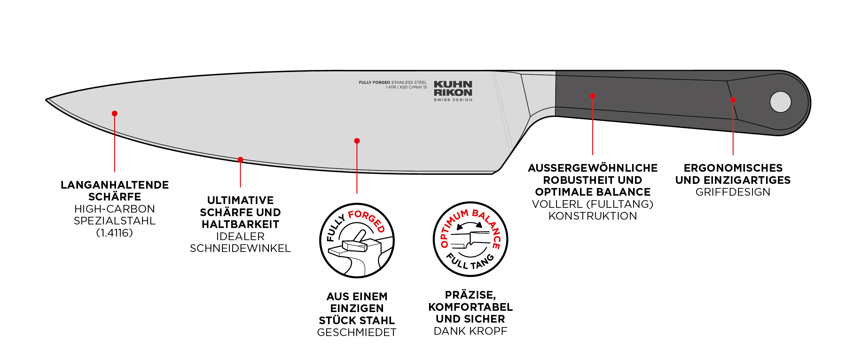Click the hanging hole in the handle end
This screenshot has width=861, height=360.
780,102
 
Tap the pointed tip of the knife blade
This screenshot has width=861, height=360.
47,99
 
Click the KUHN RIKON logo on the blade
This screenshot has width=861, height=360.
453,89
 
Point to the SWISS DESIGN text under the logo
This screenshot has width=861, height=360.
453,100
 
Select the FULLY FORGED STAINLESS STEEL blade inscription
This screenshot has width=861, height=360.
393,82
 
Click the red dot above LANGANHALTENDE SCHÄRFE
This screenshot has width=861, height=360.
115,113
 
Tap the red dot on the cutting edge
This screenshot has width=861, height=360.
240,160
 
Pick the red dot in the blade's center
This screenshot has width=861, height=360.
357,141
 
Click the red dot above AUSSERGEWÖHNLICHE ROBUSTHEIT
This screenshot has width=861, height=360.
593,96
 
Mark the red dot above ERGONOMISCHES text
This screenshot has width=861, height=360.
733,100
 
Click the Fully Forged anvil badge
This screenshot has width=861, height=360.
357,240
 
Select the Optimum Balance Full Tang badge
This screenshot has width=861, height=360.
470,239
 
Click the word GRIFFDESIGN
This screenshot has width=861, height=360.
733,192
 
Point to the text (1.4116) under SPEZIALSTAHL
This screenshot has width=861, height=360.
115,233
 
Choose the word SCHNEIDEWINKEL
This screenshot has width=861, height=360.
240,248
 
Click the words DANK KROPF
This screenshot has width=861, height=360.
470,331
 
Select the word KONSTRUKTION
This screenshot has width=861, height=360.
593,216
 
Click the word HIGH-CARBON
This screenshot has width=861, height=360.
115,209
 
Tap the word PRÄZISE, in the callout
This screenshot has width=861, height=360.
470,295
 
